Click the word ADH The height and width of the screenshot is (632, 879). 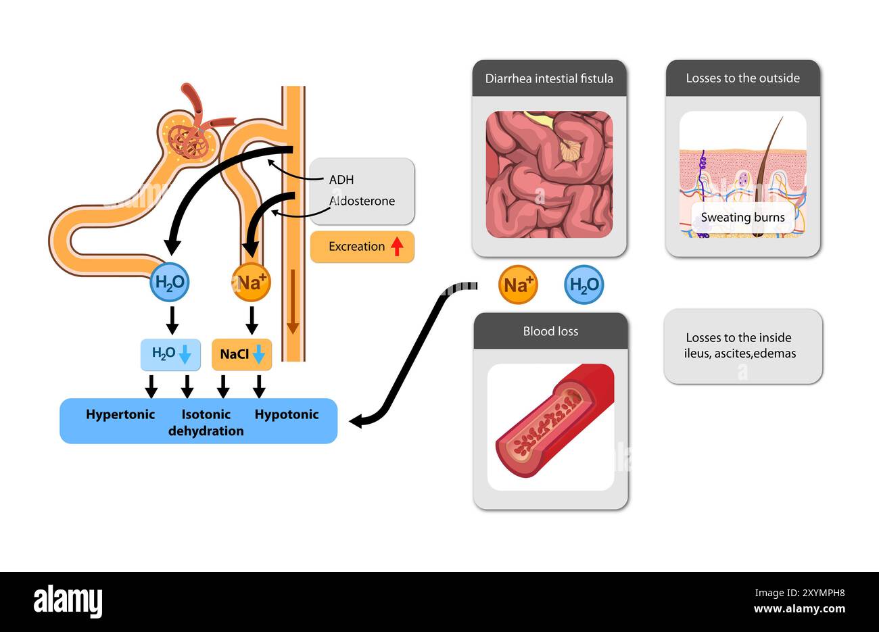341,180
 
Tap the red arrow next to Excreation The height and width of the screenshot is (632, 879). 397,246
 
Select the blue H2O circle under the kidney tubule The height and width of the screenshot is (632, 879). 169,283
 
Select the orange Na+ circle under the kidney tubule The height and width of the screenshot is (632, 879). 251,283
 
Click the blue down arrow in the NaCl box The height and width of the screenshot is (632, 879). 258,354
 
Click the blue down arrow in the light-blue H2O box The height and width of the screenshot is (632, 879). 185,354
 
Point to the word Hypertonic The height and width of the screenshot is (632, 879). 120,414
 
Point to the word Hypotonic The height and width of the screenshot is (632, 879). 287,414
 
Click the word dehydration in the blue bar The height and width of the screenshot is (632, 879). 206,431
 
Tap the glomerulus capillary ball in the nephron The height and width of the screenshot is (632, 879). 190,139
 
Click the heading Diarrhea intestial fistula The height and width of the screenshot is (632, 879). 549,78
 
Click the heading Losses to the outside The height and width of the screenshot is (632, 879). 742,78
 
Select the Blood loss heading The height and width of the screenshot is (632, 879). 550,331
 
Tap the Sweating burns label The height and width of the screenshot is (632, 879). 742,218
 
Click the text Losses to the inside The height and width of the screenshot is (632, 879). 738,337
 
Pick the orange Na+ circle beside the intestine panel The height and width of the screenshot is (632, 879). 517,285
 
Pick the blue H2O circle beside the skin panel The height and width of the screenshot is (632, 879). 584,285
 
